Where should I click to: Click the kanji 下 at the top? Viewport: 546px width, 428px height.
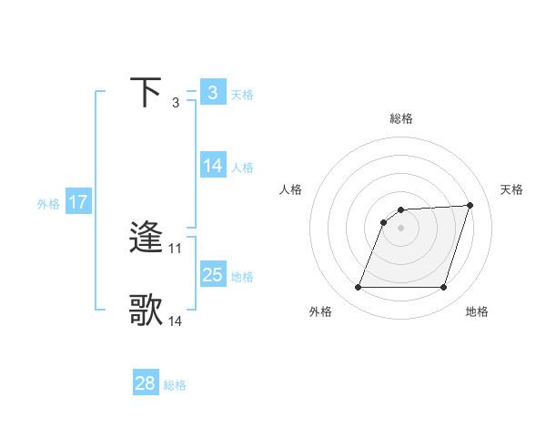tap(147, 93)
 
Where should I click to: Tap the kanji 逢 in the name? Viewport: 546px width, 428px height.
tap(147, 239)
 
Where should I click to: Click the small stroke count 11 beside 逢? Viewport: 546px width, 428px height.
tap(176, 248)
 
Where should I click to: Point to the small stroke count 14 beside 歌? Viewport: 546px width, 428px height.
tap(176, 321)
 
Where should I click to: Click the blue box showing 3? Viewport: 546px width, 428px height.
tap(212, 93)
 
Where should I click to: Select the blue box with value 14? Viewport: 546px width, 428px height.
tap(212, 166)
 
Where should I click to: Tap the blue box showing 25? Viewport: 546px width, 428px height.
tap(212, 275)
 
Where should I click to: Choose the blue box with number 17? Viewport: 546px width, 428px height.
tap(78, 202)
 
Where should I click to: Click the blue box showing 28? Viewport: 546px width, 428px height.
tap(145, 383)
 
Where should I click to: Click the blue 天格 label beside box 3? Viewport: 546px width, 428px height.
tap(242, 94)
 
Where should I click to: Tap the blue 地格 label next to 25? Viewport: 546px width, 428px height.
tap(242, 276)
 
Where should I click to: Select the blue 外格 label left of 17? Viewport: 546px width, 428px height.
tap(48, 203)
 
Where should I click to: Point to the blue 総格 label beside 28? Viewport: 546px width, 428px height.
tap(175, 384)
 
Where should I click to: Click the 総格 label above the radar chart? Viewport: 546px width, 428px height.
tap(400, 118)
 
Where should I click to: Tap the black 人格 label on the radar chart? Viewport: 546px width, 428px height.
tap(291, 189)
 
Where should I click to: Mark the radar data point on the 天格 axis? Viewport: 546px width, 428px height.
tap(470, 205)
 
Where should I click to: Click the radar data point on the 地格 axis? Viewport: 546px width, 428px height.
tap(444, 288)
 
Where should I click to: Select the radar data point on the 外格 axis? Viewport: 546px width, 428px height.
tap(358, 288)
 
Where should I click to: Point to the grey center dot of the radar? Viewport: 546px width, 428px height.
tap(400, 228)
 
